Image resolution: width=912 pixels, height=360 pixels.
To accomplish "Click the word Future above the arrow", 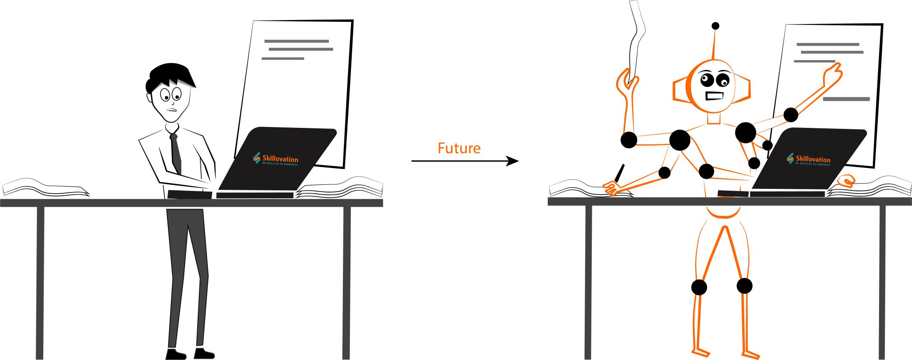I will point(459,148).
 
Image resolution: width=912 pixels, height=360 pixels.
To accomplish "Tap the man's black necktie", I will point(176,154).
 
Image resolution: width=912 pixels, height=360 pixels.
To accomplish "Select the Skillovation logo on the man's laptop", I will point(276,160).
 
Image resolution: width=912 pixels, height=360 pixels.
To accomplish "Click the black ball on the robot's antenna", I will point(715,26).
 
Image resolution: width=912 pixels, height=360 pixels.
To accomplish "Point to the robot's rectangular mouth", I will point(714,96).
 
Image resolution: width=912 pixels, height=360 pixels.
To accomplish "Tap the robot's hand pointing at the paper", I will point(832,74).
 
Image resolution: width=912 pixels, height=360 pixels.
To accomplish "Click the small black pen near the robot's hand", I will point(619,173).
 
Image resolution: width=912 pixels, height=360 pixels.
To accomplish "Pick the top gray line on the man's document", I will point(296,41).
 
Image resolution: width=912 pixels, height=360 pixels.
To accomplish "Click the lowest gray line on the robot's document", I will point(846,99).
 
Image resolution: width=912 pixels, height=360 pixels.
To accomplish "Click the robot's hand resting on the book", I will point(611,188).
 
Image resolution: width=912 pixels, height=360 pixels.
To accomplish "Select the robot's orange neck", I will point(713,118).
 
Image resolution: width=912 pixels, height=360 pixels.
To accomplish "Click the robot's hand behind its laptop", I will point(846,180).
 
